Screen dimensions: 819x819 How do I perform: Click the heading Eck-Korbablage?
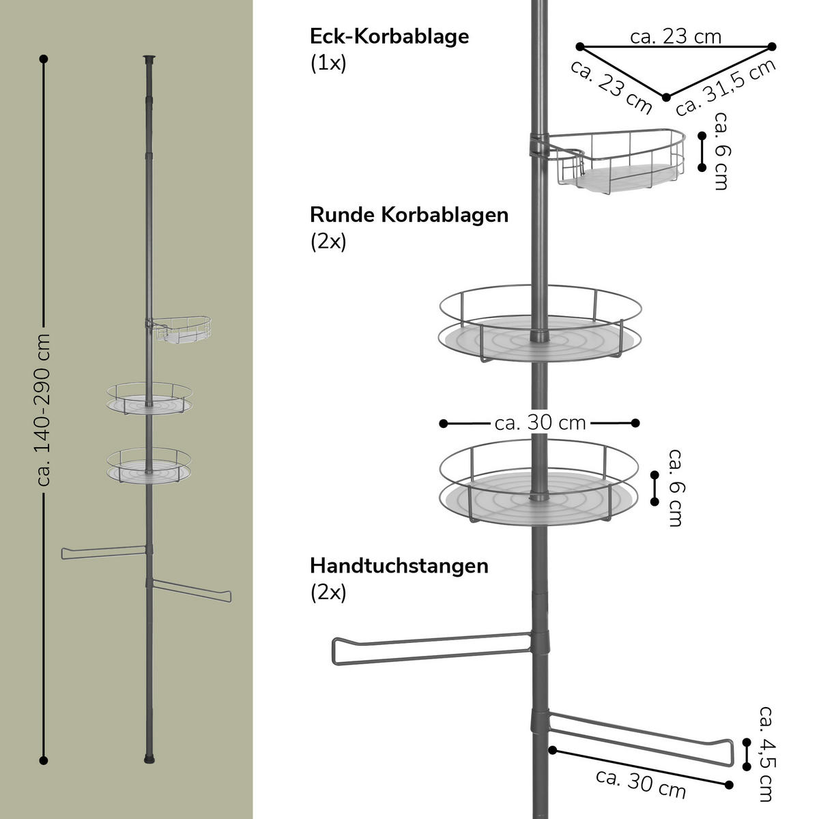click(389, 36)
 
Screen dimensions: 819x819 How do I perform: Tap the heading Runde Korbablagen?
click(409, 214)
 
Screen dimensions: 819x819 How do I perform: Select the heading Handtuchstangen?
click(399, 566)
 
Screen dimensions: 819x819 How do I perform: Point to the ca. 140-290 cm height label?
click(44, 410)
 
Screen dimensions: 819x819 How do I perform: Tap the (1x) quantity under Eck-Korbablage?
click(328, 63)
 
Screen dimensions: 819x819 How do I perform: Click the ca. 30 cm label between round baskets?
click(540, 423)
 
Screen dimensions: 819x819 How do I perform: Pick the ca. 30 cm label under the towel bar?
click(640, 783)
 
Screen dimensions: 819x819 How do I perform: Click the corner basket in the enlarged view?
click(618, 160)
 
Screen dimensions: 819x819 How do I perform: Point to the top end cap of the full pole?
click(149, 59)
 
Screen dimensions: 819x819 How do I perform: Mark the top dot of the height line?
click(44, 59)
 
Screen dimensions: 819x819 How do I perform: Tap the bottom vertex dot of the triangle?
click(667, 97)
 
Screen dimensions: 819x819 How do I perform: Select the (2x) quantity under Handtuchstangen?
click(328, 592)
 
